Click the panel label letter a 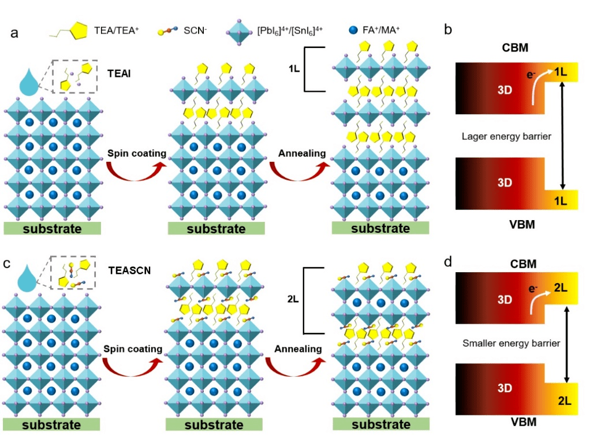click(15, 33)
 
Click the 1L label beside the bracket click(294, 68)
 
